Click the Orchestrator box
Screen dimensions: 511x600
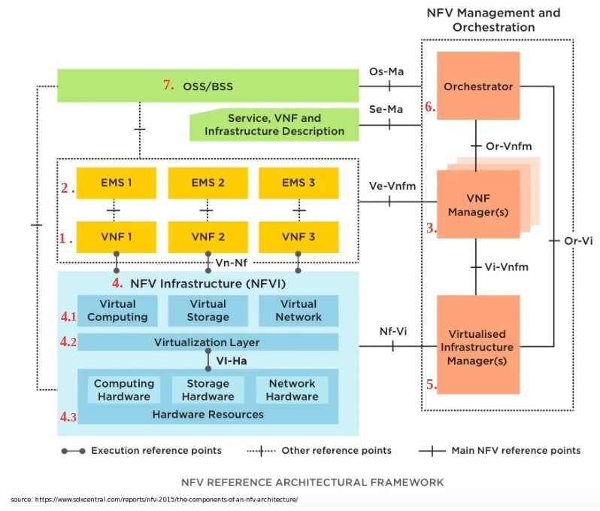(478, 86)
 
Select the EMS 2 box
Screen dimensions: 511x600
(208, 183)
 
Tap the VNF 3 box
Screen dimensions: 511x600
(298, 236)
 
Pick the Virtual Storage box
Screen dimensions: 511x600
(208, 311)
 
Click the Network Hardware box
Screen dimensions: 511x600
(292, 390)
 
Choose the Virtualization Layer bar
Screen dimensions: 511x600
(207, 342)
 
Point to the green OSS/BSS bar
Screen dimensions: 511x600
(208, 86)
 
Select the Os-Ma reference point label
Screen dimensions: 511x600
(388, 71)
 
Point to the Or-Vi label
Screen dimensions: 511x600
(578, 241)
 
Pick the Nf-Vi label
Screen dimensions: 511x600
(394, 332)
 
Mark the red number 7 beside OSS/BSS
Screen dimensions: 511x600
(168, 85)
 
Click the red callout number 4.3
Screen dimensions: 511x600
(69, 415)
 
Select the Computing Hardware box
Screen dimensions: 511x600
(123, 390)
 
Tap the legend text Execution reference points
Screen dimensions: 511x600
(156, 451)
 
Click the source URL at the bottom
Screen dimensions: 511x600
(154, 499)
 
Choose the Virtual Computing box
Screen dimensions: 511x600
(117, 311)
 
